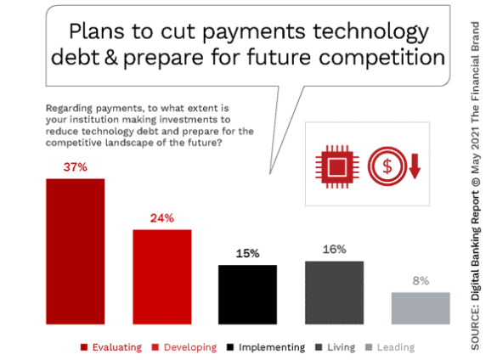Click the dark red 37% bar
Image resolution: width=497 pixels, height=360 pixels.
pos(75,251)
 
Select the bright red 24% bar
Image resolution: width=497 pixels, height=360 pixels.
pos(162,277)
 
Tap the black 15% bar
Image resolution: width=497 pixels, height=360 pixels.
pos(247,295)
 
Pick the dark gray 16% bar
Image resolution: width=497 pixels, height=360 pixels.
pos(335,293)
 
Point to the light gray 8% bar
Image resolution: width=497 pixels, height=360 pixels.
pos(421,308)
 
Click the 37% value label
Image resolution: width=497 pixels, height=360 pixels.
pos(75,167)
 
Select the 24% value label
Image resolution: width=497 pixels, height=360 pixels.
pos(162,218)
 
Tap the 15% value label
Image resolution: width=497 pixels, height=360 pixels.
pos(247,254)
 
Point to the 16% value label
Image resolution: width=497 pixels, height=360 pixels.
pos(335,250)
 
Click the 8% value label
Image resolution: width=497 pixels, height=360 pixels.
pos(421,281)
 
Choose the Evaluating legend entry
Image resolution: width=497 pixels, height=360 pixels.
pos(111,347)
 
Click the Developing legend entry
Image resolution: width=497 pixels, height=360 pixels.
pos(184,347)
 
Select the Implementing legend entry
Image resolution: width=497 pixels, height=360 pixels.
pos(266,347)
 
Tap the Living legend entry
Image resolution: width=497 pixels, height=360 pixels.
pos(336,347)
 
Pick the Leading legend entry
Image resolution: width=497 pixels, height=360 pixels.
pos(390,347)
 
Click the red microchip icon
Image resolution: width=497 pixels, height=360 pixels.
pos(337,166)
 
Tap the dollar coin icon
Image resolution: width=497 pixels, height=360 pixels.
pos(387,166)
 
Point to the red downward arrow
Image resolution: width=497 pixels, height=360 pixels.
pos(415,166)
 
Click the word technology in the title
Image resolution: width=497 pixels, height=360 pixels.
pos(371,31)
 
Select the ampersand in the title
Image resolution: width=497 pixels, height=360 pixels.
pos(110,57)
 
